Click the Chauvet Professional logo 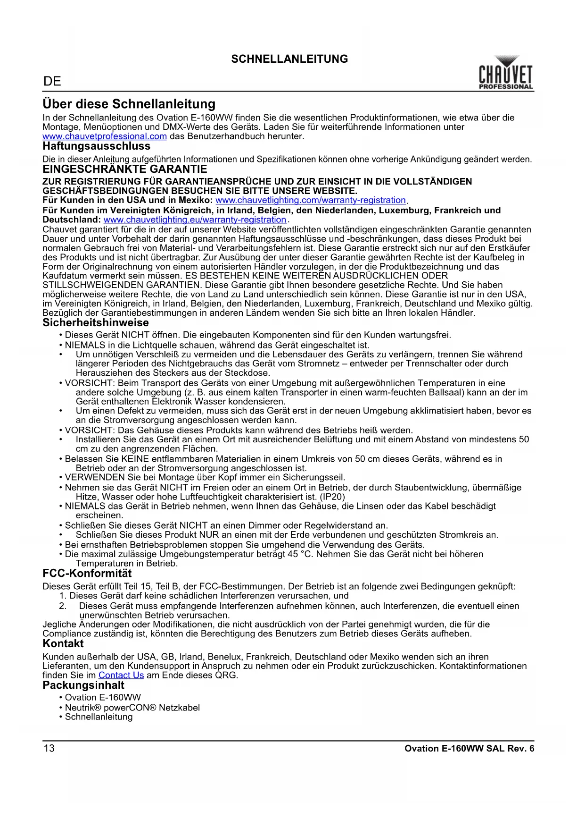(x=506, y=73)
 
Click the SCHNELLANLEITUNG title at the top (x=289, y=59)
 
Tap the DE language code (x=52, y=82)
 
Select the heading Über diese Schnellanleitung (x=129, y=104)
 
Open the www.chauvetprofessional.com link (x=105, y=136)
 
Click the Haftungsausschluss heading (x=96, y=146)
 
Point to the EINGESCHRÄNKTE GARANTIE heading (x=124, y=169)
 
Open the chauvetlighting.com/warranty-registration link (x=310, y=200)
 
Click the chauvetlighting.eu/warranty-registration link (x=195, y=220)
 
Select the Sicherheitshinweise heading (x=95, y=323)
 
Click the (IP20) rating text (x=332, y=497)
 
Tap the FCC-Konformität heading (x=87, y=574)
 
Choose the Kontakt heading (x=63, y=644)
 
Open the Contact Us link (x=121, y=676)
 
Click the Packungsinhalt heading (x=83, y=685)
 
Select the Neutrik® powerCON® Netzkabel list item (x=132, y=708)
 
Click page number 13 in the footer (x=49, y=748)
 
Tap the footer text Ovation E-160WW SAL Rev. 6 (x=469, y=749)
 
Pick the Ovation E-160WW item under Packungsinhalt (x=103, y=698)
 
